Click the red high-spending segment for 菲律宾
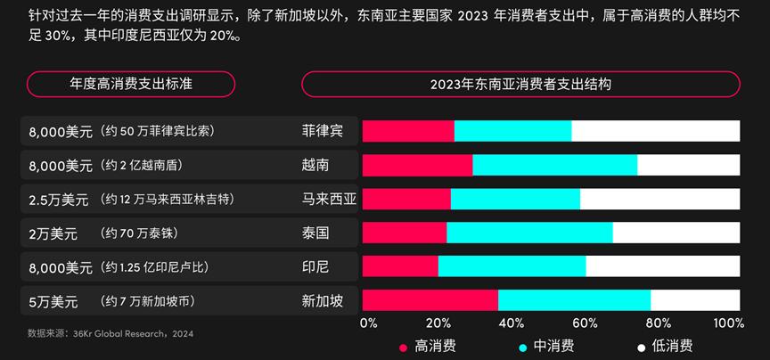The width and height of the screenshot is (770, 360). (408, 131)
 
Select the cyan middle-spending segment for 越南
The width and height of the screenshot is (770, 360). (554, 165)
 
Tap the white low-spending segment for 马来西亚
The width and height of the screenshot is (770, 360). (659, 199)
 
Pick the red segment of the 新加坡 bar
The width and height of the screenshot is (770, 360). (430, 300)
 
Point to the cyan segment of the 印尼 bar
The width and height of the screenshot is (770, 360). (512, 266)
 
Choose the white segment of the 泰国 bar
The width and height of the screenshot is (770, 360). (676, 233)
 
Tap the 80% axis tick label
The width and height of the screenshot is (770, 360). (659, 323)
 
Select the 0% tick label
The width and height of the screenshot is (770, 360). (368, 323)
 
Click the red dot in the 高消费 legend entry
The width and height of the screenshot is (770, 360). (403, 346)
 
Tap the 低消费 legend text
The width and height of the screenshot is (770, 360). (672, 346)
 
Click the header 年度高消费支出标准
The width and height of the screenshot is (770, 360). (131, 85)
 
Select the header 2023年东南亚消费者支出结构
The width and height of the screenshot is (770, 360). (520, 85)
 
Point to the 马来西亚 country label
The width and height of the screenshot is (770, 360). (329, 199)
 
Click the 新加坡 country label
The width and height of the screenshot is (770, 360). (322, 300)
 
